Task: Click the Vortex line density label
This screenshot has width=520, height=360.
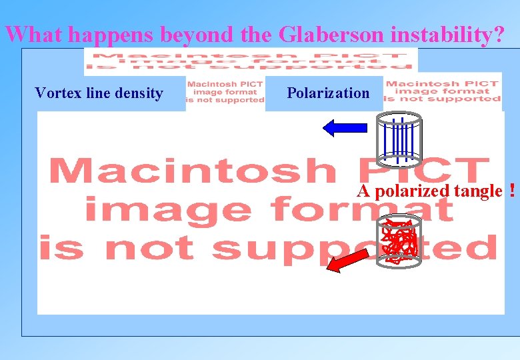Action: point(99,93)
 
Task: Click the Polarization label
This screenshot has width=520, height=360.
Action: point(328,93)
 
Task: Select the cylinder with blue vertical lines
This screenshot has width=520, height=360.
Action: point(398,138)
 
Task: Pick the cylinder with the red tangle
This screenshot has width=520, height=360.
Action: point(398,239)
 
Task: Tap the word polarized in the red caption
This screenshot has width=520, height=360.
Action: point(413,191)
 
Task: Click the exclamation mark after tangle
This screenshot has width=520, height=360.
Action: point(511,191)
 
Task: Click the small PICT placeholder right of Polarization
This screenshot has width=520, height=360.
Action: point(443,91)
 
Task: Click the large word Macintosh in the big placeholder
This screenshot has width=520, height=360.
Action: point(193,171)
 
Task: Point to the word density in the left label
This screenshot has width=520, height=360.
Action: point(139,93)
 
